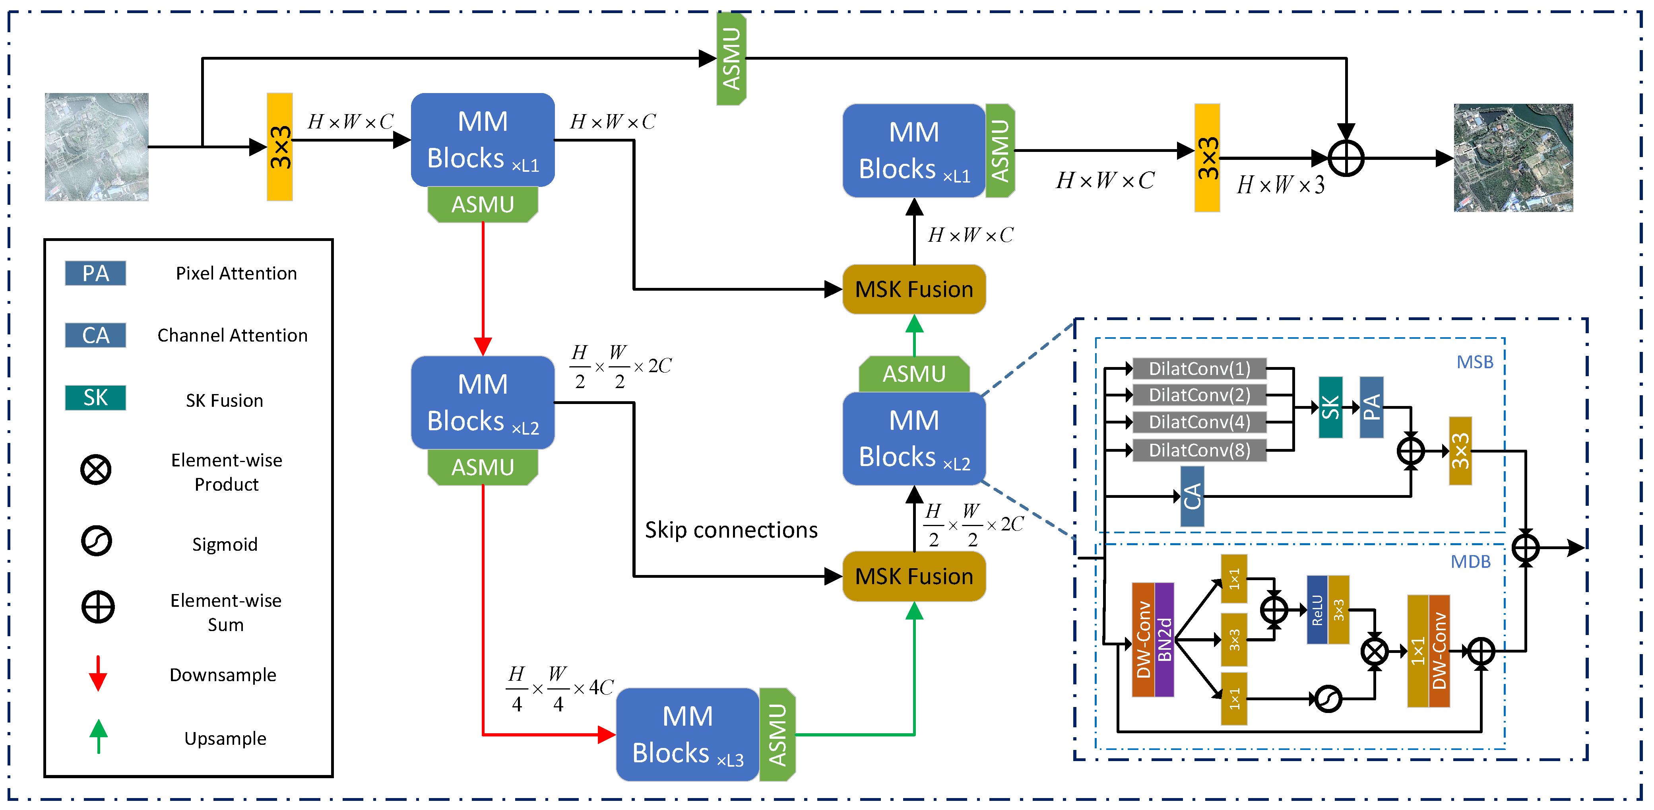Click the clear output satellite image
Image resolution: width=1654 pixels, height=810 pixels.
point(1513,157)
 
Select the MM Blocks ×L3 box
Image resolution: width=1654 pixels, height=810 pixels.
point(687,734)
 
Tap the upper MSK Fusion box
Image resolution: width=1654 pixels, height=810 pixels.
point(914,289)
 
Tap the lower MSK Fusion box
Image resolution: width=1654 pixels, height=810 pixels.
point(914,576)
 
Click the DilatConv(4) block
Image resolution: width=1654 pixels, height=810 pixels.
point(1199,422)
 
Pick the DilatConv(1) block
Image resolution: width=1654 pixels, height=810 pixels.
point(1199,369)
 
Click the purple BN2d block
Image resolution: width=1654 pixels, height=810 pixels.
point(1164,639)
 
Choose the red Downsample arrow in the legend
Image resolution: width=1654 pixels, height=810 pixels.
point(98,673)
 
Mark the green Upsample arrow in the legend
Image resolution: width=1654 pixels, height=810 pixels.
point(98,736)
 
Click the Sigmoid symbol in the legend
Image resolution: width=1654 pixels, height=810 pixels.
point(96,541)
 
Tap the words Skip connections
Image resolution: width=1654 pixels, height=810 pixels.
point(731,530)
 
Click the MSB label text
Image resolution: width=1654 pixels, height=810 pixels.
point(1474,362)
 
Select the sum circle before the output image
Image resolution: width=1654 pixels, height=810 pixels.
point(1346,158)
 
